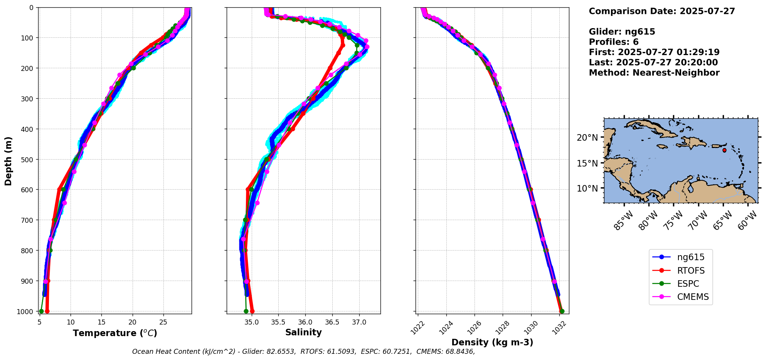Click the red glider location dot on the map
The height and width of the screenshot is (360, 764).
pos(724,150)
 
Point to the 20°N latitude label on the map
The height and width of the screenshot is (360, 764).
pos(587,138)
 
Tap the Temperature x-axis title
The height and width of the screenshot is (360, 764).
pos(115,333)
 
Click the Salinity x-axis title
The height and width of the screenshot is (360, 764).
pos(303,332)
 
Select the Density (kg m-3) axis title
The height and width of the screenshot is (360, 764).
pos(492,342)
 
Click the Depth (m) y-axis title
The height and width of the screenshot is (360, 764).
pos(8,161)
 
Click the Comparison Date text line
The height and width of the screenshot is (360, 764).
pos(662,11)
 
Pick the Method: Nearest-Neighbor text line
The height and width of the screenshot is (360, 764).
pos(654,73)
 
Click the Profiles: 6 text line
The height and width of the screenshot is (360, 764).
pos(614,42)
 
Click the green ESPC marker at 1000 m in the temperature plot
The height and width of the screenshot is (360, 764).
pos(41,311)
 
